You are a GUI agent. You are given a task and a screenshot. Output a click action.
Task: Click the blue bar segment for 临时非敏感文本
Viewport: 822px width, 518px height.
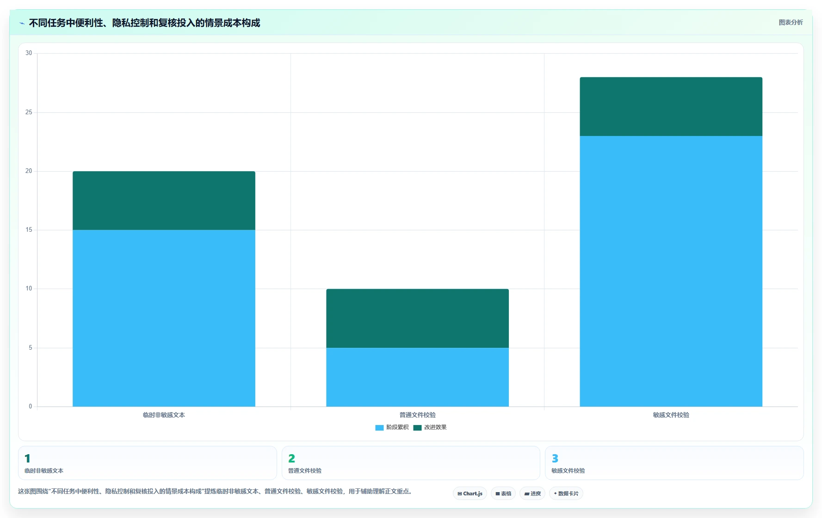[x=164, y=318]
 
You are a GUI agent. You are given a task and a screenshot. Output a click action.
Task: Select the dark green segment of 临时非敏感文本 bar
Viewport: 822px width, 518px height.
[x=164, y=201]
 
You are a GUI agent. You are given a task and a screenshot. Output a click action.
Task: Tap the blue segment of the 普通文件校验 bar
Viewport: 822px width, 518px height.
[x=417, y=377]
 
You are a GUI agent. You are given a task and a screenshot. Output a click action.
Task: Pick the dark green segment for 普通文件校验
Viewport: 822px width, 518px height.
[x=417, y=318]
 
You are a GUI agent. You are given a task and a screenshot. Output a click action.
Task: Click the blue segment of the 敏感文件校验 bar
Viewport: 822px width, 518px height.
[x=671, y=271]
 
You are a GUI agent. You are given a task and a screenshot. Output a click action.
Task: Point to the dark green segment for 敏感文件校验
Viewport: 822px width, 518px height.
[x=671, y=106]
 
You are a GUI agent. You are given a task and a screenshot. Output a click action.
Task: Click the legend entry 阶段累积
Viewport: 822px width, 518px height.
[x=392, y=427]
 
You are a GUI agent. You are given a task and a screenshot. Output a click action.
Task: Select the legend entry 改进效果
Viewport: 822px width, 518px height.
[x=430, y=427]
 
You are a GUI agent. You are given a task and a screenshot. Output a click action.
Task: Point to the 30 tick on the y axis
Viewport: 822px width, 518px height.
[x=29, y=53]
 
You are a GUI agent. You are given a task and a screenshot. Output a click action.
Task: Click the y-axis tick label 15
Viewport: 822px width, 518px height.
[x=29, y=230]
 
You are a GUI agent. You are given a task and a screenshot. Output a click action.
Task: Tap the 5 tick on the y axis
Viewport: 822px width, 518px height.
[x=31, y=348]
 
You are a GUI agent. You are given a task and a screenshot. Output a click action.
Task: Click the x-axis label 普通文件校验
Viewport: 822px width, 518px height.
[x=417, y=415]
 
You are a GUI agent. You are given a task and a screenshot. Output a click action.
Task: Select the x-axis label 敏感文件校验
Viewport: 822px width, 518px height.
[x=671, y=415]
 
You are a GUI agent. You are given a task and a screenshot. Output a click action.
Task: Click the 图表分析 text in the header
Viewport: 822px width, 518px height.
[x=791, y=22]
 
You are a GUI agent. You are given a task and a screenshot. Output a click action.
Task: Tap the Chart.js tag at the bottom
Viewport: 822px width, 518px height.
[x=470, y=493]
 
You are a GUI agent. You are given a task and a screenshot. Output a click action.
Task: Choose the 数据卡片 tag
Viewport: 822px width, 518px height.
[x=566, y=493]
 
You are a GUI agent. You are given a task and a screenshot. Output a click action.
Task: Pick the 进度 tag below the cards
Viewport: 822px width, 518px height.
[x=532, y=493]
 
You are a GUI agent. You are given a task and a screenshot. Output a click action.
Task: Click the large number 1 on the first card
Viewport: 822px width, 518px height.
[x=27, y=458]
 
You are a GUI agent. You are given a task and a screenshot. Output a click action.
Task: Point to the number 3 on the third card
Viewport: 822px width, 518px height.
[x=555, y=458]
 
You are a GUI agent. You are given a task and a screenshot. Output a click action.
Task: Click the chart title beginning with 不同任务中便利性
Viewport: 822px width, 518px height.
[x=144, y=23]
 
